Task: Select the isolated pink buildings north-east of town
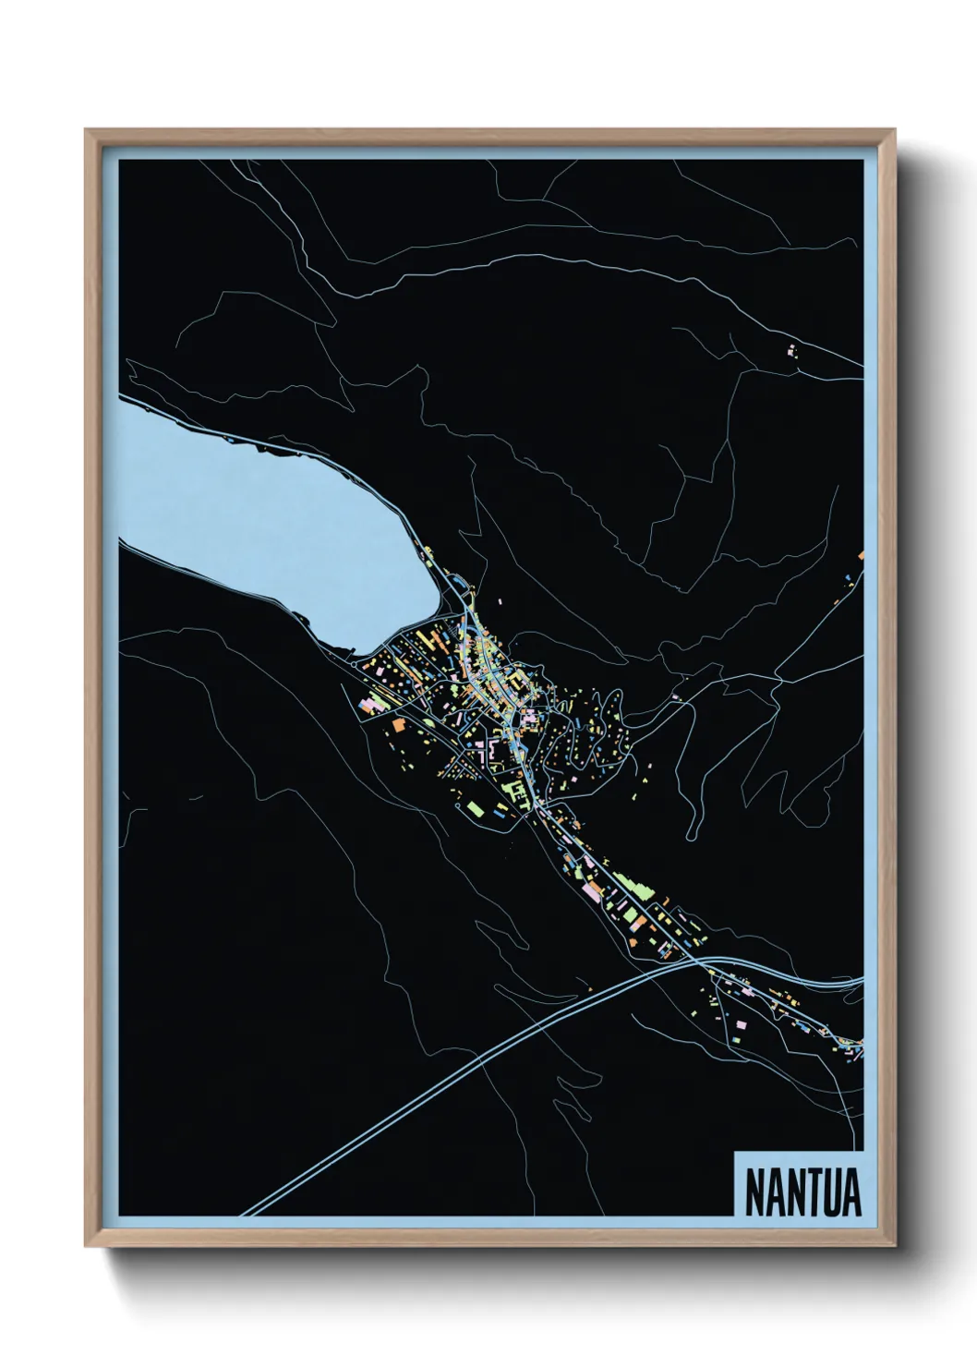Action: coord(790,351)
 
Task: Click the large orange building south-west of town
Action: coord(400,725)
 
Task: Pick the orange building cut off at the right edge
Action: coord(861,556)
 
